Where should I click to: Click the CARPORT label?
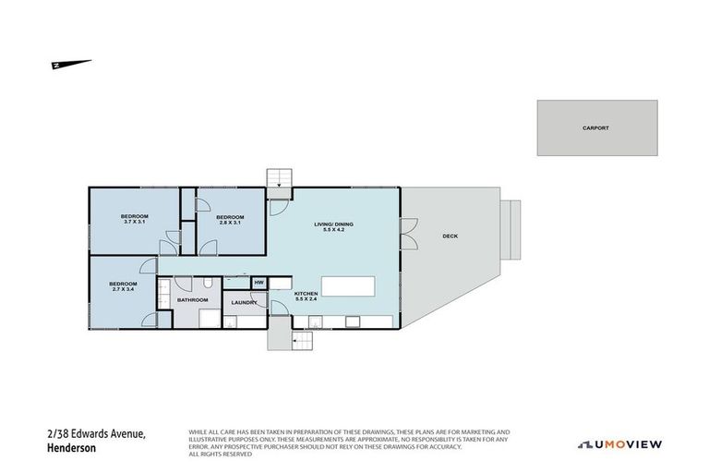coord(596,128)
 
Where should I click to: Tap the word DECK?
coord(450,236)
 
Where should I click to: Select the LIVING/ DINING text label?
coord(333,224)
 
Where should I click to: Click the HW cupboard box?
coord(259,282)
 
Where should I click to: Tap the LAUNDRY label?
coord(245,302)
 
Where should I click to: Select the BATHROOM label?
coord(192,299)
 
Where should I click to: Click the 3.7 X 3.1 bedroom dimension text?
coord(136,222)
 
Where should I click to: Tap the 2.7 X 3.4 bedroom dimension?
coord(123,288)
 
